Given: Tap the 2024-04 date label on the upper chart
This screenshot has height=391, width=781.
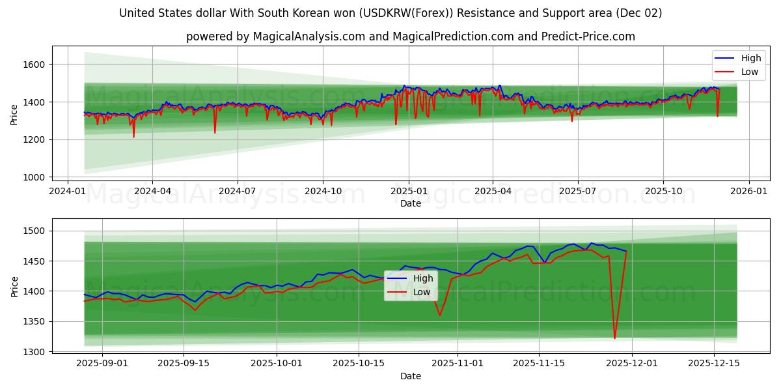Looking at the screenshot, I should pos(152,192).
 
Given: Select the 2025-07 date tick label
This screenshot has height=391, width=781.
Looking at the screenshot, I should pos(578,192).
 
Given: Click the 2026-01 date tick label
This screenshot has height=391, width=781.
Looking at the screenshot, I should pos(748,192).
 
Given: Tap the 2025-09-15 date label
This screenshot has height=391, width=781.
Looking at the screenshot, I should pos(184,364).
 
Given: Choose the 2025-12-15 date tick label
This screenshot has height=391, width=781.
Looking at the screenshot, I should pos(714,364).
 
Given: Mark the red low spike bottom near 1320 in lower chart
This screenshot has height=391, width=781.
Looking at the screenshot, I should pos(614,338).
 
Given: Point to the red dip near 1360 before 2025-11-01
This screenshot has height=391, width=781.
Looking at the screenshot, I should pos(440,315).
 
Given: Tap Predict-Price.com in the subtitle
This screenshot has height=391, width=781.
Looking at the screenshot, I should pos(588,36).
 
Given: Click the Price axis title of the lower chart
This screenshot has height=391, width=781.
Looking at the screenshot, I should pos(14,286).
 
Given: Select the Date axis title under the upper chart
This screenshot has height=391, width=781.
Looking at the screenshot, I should pos(410,203).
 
